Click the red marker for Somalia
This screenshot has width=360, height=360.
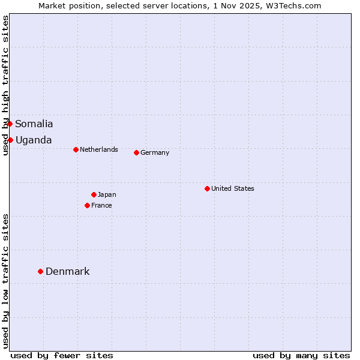(x=10, y=124)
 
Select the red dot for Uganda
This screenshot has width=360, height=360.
(x=10, y=140)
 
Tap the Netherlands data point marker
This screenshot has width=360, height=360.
(x=76, y=149)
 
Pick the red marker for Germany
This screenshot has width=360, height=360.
(x=136, y=152)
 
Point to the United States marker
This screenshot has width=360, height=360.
(x=207, y=188)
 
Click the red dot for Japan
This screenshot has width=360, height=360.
(x=94, y=194)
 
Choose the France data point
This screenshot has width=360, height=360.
(x=87, y=205)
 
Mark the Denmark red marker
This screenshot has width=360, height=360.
(x=40, y=271)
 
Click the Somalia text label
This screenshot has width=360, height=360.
(x=34, y=124)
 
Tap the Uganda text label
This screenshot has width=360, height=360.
(x=34, y=140)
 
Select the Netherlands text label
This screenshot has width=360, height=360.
(x=99, y=149)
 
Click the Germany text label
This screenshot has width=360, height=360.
(x=155, y=152)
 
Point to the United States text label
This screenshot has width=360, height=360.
(x=233, y=188)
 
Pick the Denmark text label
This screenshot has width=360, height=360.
(x=68, y=272)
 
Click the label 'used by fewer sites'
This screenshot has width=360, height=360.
(x=62, y=355)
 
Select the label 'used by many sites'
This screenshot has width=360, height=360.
(x=301, y=355)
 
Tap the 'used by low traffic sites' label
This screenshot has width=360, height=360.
(x=5, y=281)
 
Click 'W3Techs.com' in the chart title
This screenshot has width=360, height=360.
(x=298, y=5)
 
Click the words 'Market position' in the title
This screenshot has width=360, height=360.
(x=66, y=5)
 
